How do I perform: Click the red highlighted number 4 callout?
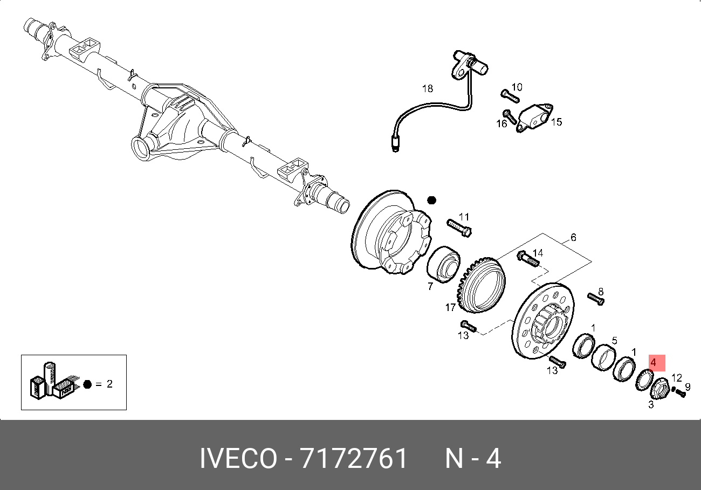tap(653, 363)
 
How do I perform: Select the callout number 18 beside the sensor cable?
tap(428, 88)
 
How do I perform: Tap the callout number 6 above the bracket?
tap(573, 238)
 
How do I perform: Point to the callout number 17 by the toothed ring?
tap(450, 308)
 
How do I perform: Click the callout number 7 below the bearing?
tap(430, 286)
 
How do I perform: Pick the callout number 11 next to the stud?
tap(464, 217)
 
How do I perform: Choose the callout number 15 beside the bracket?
tap(556, 122)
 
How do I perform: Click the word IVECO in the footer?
tap(238, 459)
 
